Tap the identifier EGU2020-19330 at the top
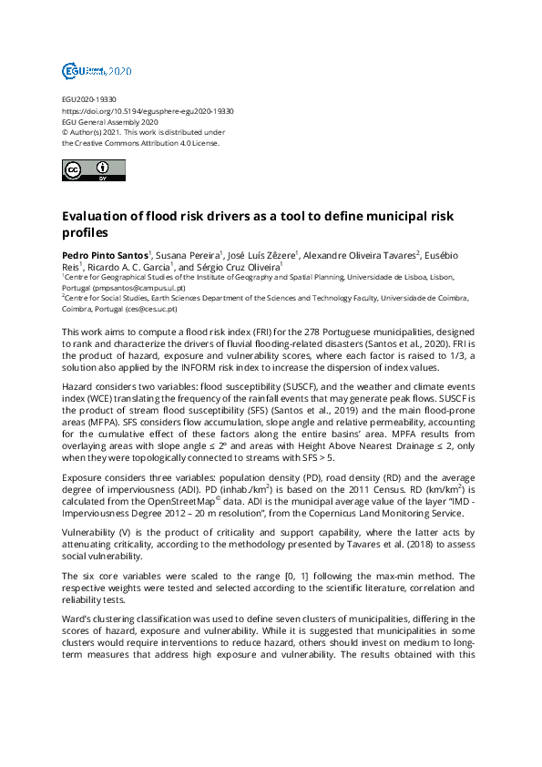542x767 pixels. tap(88, 99)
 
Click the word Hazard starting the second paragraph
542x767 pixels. tap(79, 386)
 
